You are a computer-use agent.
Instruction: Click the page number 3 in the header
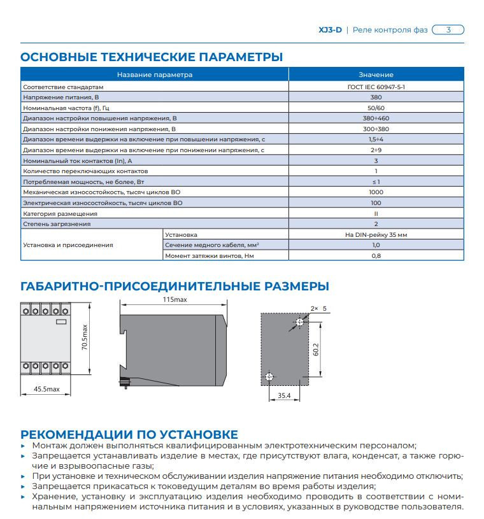pos(448,29)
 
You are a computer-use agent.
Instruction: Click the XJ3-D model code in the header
pos(329,30)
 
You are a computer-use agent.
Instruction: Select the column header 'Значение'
pos(376,75)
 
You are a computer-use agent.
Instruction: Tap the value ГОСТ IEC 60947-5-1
pos(376,86)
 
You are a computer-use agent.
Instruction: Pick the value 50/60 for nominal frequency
pos(376,108)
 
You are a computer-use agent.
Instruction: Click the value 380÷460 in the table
pos(376,118)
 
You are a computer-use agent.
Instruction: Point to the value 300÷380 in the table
pos(376,129)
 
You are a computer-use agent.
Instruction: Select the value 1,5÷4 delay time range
pos(376,139)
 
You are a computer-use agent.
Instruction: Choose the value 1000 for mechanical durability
pos(376,192)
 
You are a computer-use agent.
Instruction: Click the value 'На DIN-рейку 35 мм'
pos(376,234)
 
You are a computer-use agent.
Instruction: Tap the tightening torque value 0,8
pos(376,255)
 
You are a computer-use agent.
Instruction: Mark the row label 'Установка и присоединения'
pos(68,245)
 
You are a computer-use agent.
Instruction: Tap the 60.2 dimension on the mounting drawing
pos(315,349)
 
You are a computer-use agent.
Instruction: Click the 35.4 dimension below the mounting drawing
pos(284,396)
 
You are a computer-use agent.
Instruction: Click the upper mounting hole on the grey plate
pos(299,323)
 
